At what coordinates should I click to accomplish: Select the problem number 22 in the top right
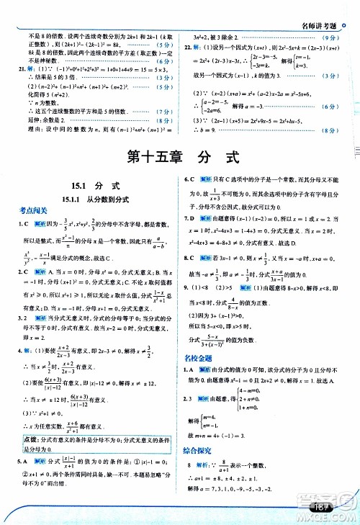(x=188, y=45)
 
